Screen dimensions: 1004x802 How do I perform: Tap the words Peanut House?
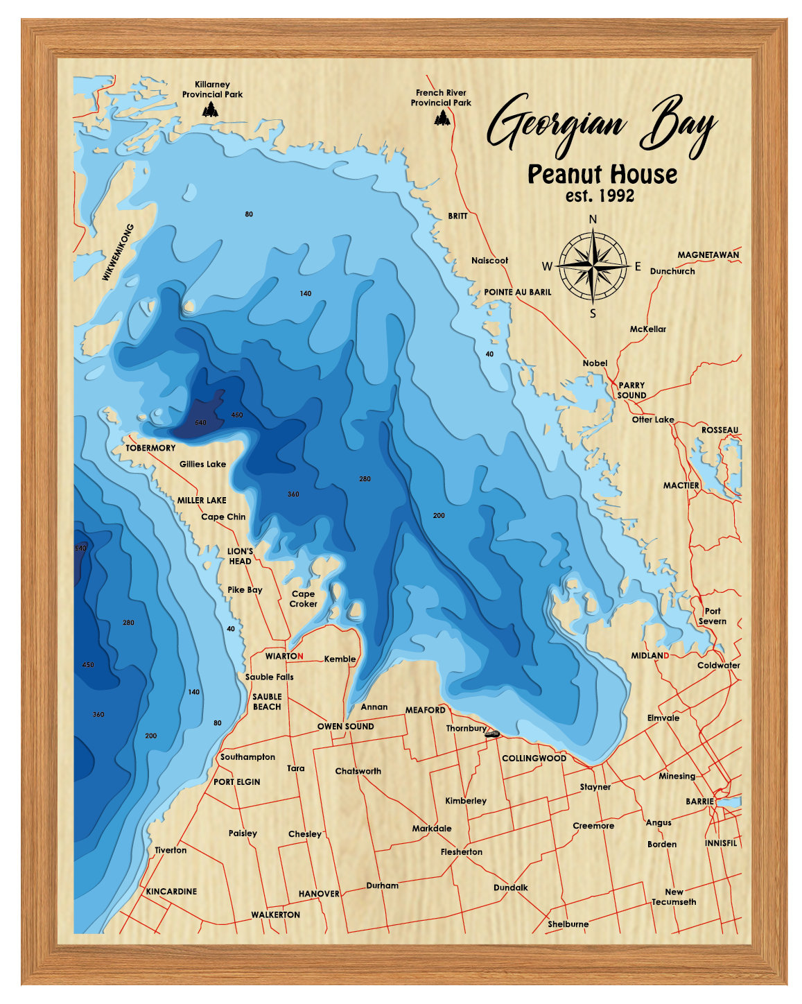coord(602,174)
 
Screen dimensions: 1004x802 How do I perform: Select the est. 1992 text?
coord(600,196)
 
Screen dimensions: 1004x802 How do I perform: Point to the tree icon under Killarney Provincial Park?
coord(210,109)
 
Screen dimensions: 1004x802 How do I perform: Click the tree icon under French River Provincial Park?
coord(442,119)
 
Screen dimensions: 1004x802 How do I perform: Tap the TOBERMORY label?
coord(150,448)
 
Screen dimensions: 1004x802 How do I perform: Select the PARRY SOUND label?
coord(631,390)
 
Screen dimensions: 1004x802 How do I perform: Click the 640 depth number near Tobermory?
coord(200,422)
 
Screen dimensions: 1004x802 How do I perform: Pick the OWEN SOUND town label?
coord(345,727)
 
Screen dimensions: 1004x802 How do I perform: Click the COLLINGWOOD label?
coord(534,759)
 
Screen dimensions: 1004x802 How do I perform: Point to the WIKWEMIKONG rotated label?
coord(118,252)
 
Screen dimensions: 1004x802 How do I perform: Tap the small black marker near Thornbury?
coord(493,734)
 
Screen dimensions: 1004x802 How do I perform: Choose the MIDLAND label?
coord(650,655)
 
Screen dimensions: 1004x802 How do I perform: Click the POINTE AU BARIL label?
coord(517,292)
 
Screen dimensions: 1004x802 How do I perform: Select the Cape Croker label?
coord(303,598)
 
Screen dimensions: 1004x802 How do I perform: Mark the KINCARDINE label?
coord(171,892)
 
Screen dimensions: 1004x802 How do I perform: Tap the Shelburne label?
coord(568,924)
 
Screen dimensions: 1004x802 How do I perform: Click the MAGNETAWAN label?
coord(708,255)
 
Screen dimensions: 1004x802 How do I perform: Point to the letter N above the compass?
coord(593,220)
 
